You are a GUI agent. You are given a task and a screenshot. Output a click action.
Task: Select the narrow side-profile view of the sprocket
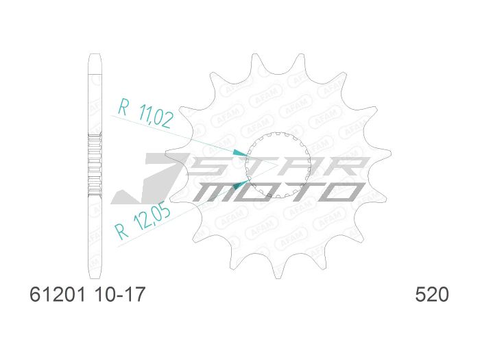pos(95,165)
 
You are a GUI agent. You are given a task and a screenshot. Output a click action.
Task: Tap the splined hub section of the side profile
pos(95,165)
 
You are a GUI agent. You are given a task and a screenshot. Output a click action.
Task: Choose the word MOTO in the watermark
pos(274,191)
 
